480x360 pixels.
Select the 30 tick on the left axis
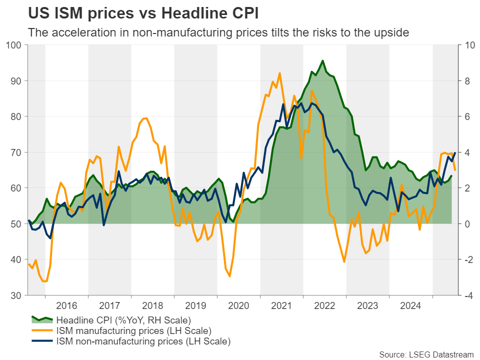[x=17, y=295]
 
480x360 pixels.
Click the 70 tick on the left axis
[x=17, y=152]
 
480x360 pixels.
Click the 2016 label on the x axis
[x=66, y=305]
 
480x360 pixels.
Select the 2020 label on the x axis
[x=238, y=305]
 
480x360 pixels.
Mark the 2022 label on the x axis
[x=324, y=305]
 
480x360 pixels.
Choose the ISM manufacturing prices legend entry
[x=133, y=331]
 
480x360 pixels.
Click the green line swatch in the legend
[x=42, y=319]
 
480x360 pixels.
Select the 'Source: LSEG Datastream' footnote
[x=426, y=354]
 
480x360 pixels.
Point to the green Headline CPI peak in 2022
[x=322, y=60]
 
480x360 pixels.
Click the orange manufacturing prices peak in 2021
[x=279, y=73]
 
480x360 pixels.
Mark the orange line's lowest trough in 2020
[x=229, y=276]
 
